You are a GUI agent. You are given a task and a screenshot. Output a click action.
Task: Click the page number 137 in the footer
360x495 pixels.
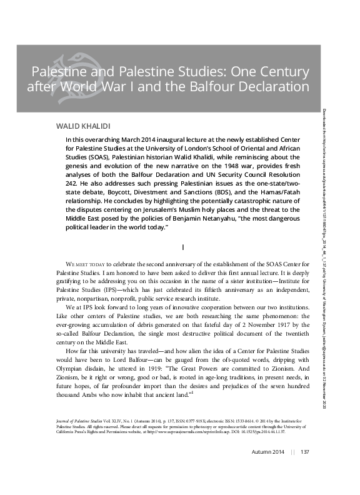click(x=306, y=469)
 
